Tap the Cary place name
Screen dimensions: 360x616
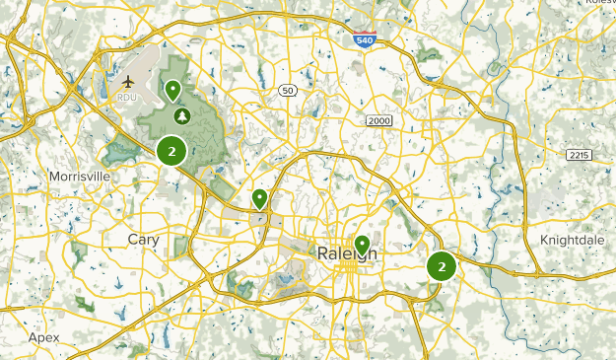coord(143,240)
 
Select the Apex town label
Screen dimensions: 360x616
coord(43,337)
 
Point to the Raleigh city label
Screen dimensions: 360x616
coord(348,253)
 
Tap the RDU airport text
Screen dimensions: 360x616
coord(127,97)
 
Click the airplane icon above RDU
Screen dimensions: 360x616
coord(126,81)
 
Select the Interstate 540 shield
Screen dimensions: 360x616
coord(365,40)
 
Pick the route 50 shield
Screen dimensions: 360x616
coord(288,90)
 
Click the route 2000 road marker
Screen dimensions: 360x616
coord(378,120)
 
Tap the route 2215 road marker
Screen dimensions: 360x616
coord(579,154)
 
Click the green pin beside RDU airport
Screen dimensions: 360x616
coord(172,91)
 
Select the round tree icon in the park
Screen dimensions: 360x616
coord(182,115)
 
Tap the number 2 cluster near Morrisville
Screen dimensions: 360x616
coord(171,151)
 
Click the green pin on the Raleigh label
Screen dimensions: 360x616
coord(362,244)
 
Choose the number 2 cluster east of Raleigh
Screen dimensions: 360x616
coord(441,265)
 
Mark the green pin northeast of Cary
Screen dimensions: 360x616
coord(259,198)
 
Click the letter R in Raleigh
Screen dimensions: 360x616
coord(323,253)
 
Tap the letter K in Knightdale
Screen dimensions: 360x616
coord(545,240)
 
